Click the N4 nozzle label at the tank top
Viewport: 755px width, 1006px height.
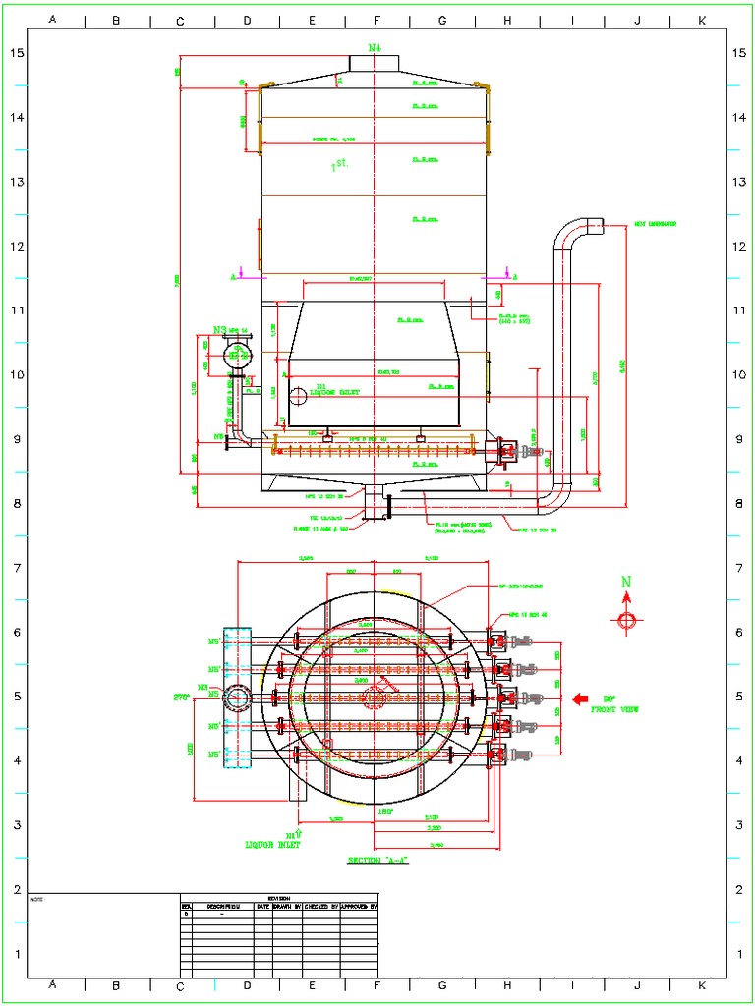pyautogui.click(x=375, y=47)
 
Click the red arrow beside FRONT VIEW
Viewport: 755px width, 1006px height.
pyautogui.click(x=580, y=699)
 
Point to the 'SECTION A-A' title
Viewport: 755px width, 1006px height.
pyautogui.click(x=378, y=860)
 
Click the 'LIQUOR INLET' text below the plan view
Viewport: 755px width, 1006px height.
pyautogui.click(x=272, y=844)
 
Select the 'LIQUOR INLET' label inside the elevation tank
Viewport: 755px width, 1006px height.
pyautogui.click(x=335, y=392)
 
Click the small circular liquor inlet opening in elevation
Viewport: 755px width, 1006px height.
pyautogui.click(x=297, y=396)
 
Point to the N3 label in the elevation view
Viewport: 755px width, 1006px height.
pyautogui.click(x=220, y=330)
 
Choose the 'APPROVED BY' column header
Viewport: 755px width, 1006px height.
pyautogui.click(x=359, y=906)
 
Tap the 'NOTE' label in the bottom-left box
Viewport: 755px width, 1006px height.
pyautogui.click(x=37, y=899)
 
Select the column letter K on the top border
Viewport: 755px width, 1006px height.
pyautogui.click(x=702, y=19)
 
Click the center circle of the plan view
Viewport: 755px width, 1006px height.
pyautogui.click(x=374, y=698)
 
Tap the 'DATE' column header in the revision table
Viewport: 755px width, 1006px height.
pyautogui.click(x=262, y=906)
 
